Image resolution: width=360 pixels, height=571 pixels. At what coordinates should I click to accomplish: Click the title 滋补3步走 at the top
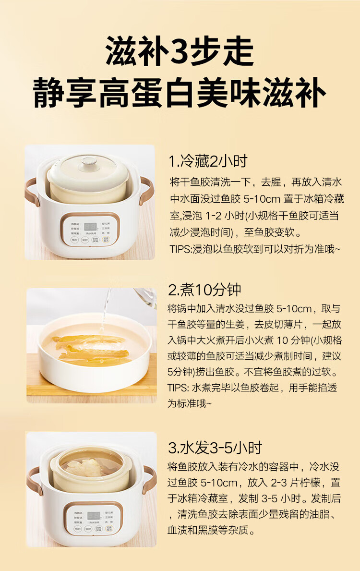pos(180,52)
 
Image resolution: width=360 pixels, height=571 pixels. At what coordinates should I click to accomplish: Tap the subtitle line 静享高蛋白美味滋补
pos(180,93)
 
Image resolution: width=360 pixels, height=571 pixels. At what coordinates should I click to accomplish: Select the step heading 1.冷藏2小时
pos(208,161)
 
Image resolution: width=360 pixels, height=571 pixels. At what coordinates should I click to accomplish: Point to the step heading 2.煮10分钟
pos(204,290)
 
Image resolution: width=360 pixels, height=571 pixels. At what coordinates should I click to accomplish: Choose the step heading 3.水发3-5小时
pos(215,448)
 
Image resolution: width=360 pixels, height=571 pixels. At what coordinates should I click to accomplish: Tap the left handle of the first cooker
pos(32,192)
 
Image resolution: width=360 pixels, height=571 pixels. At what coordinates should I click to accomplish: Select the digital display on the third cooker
pos(91,516)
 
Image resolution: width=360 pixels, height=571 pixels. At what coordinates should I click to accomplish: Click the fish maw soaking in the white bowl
pos(91,347)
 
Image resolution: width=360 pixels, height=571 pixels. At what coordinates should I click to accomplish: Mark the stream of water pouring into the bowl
pos(105,307)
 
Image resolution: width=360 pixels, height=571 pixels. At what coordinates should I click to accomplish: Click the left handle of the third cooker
pos(33,480)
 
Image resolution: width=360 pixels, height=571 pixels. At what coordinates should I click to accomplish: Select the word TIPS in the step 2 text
pos(178,388)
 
